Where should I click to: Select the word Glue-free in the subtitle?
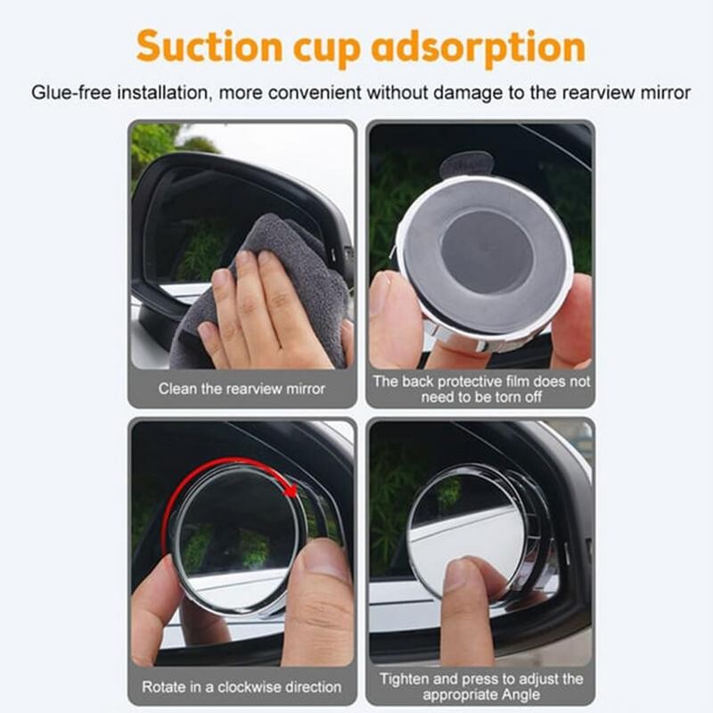[71, 93]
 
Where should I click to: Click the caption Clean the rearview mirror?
[242, 389]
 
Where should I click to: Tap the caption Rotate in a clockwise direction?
[242, 686]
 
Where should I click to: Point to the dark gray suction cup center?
[486, 251]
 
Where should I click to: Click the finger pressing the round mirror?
[466, 610]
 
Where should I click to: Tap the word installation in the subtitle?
[165, 93]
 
